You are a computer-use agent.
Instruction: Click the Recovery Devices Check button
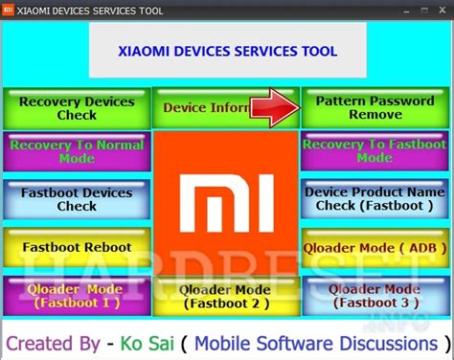(77, 108)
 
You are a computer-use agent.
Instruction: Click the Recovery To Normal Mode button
(77, 152)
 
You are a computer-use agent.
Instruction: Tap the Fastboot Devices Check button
(77, 199)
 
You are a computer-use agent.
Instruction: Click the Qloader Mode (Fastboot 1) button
(77, 296)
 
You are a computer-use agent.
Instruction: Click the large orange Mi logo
(225, 204)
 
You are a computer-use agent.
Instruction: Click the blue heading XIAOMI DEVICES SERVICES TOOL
(226, 52)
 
